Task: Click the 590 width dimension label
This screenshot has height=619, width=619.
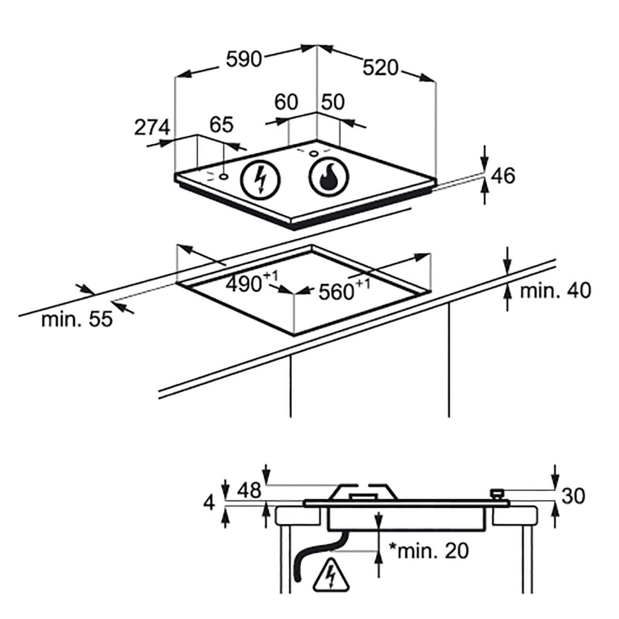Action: (x=244, y=60)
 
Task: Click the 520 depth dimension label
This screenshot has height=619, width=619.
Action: (x=380, y=68)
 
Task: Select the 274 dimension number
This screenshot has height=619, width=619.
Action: (x=152, y=127)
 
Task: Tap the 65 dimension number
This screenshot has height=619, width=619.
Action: (x=221, y=125)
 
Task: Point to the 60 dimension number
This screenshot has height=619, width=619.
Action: (x=286, y=102)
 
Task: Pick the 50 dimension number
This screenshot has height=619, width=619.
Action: (x=333, y=102)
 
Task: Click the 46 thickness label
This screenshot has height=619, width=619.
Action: (x=503, y=176)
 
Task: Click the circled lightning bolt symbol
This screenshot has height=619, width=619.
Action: (x=261, y=180)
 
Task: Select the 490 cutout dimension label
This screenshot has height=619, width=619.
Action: (x=252, y=282)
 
